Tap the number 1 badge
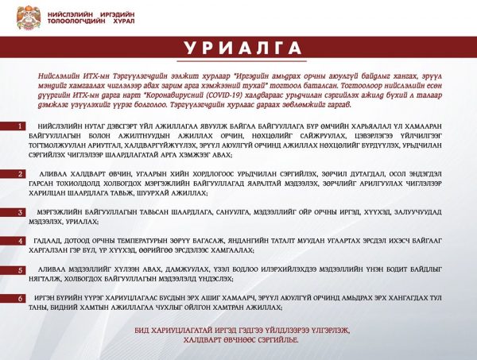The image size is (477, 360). tap(21, 127)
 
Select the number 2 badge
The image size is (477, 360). tap(21, 173)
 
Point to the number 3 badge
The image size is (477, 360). tap(21, 212)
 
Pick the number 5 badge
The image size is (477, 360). tap(21, 270)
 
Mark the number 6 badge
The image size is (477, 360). tap(21, 298)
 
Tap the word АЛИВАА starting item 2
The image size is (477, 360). tap(51, 173)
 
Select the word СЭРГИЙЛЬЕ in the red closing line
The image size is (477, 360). tap(274, 339)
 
